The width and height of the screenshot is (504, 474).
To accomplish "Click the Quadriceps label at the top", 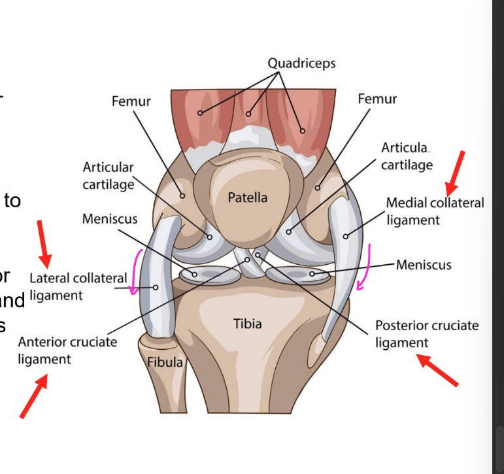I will (x=301, y=63).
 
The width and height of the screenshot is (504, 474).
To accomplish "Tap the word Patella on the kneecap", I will (x=248, y=197).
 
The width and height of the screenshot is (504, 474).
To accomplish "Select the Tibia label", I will (x=247, y=323).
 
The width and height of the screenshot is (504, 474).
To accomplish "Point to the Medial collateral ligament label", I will (x=435, y=211).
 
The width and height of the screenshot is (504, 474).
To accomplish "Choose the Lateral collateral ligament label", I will (x=78, y=286).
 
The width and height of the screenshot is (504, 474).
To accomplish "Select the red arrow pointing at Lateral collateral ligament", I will (x=44, y=239).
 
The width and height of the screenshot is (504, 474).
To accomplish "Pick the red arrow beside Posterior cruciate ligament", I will (x=439, y=370).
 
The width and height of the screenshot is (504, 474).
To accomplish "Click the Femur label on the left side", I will (x=131, y=101).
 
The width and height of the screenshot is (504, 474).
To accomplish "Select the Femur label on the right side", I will (x=377, y=99).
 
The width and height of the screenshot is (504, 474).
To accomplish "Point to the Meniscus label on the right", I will (x=424, y=265).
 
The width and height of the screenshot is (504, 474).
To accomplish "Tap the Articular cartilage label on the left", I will (x=108, y=175).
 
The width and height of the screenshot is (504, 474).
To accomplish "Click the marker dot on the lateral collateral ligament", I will (x=156, y=287).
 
